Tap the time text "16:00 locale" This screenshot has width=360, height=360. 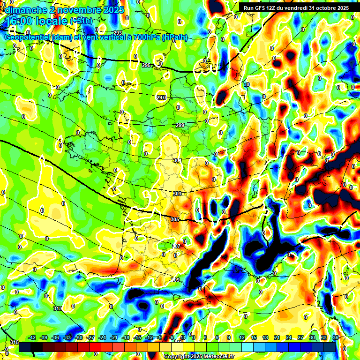click(36, 21)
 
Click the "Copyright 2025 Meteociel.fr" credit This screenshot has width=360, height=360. click(199, 356)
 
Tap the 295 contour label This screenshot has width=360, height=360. click(146, 65)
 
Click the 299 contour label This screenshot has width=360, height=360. click(180, 125)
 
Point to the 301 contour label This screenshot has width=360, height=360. click(177, 160)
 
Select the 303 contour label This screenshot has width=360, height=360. click(177, 194)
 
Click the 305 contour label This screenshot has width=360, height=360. click(175, 219)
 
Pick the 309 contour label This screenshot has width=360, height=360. click(176, 280)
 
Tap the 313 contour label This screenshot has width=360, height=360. click(58, 308)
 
